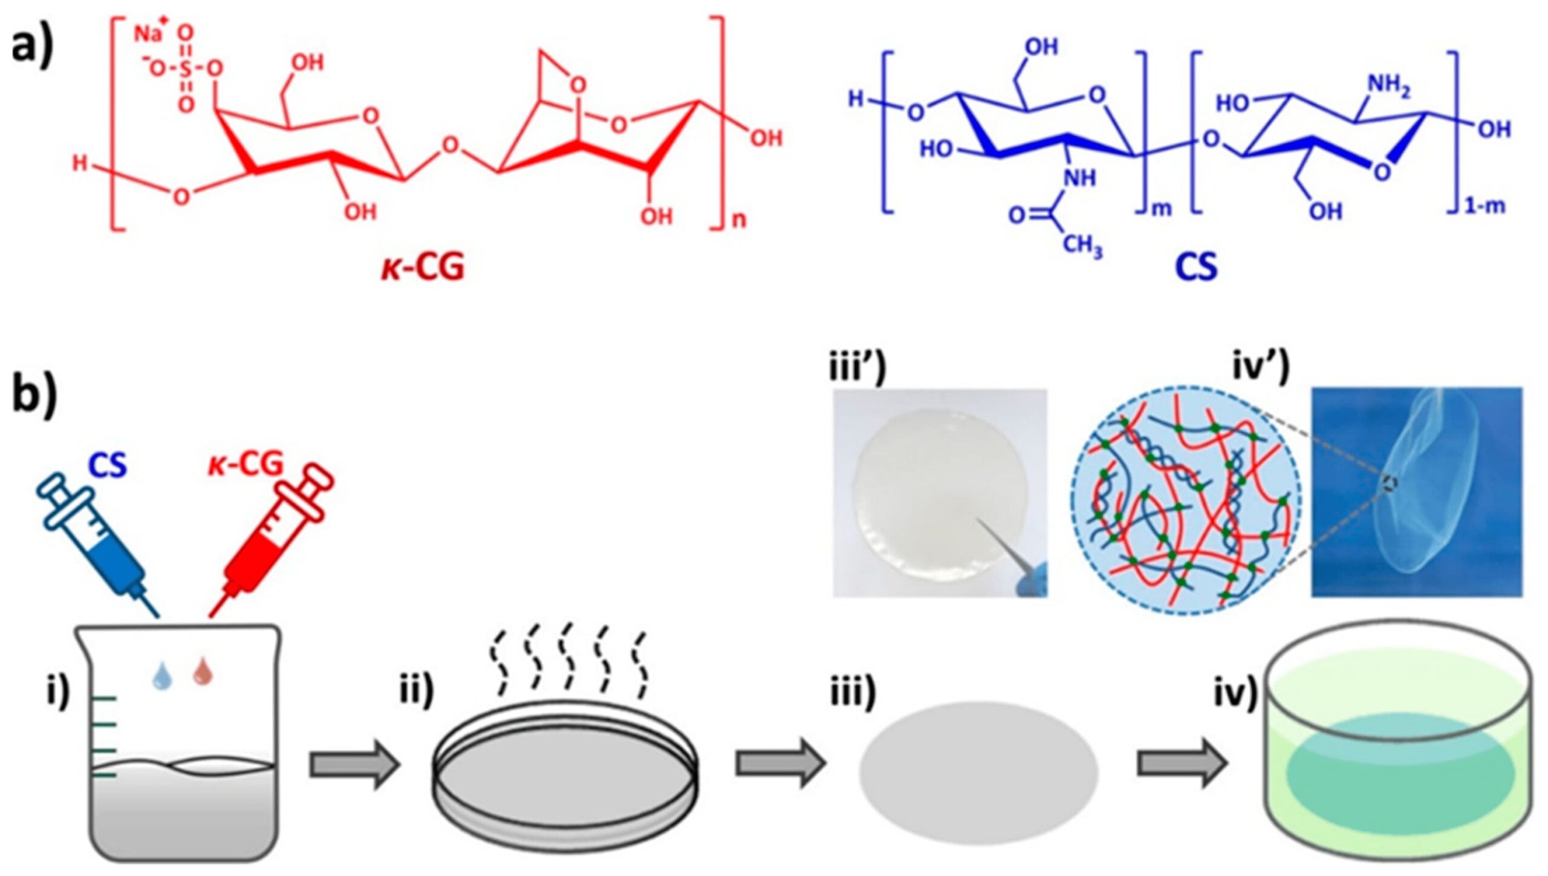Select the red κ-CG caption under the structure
423,267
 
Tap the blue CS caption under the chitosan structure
1196,267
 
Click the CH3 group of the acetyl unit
1082,246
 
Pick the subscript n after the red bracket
739,220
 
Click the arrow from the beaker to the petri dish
354,765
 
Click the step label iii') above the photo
857,368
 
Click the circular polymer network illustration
1186,500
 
